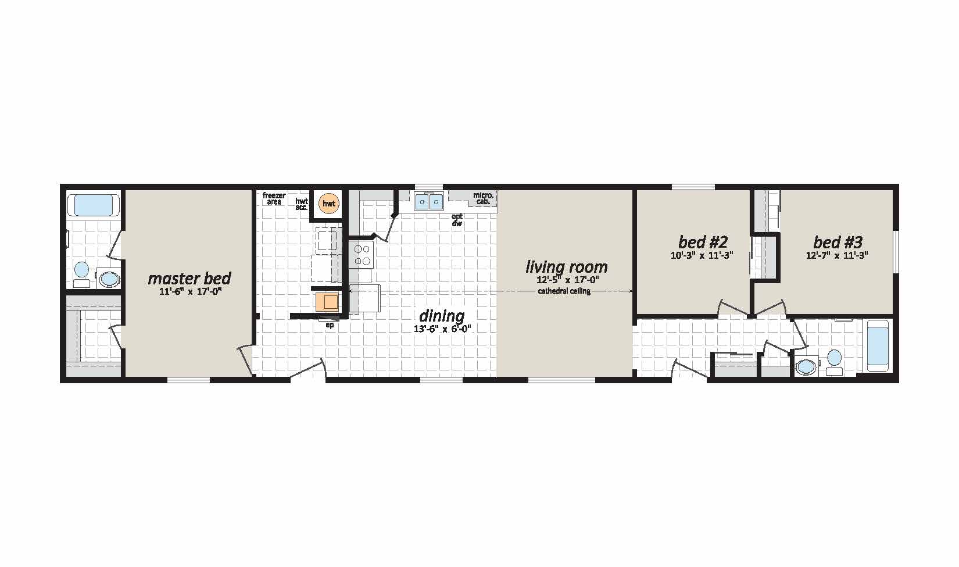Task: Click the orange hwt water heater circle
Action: click(x=329, y=204)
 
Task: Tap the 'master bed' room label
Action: click(x=189, y=279)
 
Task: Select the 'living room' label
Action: click(x=567, y=267)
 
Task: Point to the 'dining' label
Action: click(x=442, y=316)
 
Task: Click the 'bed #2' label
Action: click(x=703, y=242)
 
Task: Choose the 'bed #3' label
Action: click(x=838, y=242)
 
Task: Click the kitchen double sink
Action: click(x=428, y=201)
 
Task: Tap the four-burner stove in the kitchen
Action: click(x=362, y=255)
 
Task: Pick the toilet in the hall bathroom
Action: click(x=834, y=362)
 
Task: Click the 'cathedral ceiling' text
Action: click(x=564, y=291)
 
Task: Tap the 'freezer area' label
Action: click(x=274, y=199)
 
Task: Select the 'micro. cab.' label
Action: click(x=483, y=198)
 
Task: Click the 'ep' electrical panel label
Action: click(x=330, y=325)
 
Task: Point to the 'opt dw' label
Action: click(x=457, y=220)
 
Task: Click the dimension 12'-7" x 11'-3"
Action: click(x=837, y=256)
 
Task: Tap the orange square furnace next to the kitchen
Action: click(x=328, y=301)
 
